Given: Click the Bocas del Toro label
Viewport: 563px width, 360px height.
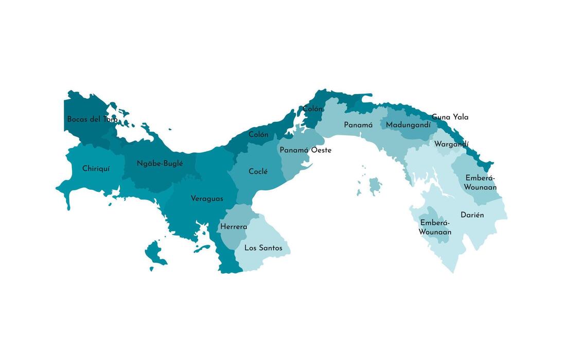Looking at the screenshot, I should click(92, 119).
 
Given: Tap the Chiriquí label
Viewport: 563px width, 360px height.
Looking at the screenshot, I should click(96, 169).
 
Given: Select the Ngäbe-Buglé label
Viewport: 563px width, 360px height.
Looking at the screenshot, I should click(160, 164).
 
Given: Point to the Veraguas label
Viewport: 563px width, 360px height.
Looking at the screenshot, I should click(207, 199).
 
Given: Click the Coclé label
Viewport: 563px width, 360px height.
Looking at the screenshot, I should click(258, 172).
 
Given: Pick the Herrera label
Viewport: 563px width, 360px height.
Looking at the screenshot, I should click(234, 227).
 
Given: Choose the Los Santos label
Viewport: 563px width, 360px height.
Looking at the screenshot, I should click(263, 248).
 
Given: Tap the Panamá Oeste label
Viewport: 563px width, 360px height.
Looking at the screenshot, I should click(305, 150).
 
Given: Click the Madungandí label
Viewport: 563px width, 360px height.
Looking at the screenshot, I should click(408, 125).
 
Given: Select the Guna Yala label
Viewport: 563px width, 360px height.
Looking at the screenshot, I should click(450, 117).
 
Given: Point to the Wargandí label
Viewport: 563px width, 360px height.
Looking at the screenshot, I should click(451, 144).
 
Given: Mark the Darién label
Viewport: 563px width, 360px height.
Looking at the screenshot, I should click(472, 215).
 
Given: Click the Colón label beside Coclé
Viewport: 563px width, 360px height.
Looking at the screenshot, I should click(258, 135).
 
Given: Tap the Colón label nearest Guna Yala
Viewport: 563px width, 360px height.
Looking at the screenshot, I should click(313, 109).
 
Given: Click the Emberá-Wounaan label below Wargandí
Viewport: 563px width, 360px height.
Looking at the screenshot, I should click(480, 183).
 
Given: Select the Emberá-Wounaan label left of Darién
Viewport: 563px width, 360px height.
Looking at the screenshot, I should click(435, 227).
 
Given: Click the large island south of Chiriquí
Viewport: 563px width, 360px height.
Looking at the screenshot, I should click(155, 253).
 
